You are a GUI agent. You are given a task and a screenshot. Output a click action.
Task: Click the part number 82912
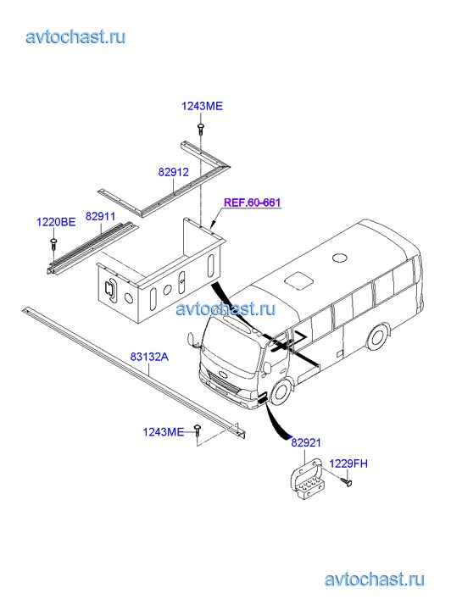point(174,172)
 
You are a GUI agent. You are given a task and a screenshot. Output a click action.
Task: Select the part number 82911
point(100,216)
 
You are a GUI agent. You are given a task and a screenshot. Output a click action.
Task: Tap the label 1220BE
point(56,222)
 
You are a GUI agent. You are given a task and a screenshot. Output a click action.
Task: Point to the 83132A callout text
point(149,357)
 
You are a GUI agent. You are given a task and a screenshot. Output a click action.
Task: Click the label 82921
point(306,443)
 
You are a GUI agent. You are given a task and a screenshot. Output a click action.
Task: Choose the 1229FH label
point(348,463)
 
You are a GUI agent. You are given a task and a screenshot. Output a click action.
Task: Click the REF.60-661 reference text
point(252,203)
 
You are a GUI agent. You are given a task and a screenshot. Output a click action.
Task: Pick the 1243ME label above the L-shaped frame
point(202,106)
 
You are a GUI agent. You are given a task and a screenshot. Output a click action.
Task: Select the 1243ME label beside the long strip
point(163,432)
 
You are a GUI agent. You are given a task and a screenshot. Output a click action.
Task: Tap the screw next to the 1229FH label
point(347,482)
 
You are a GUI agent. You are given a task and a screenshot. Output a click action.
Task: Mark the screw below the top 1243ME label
point(201,129)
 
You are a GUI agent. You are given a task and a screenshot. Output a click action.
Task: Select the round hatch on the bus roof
point(340,258)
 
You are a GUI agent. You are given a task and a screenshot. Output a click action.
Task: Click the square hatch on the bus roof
point(299,281)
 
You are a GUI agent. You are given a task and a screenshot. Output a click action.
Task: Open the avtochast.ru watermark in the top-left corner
point(76,37)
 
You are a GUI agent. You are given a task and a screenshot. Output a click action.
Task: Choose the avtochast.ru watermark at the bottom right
point(375,580)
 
